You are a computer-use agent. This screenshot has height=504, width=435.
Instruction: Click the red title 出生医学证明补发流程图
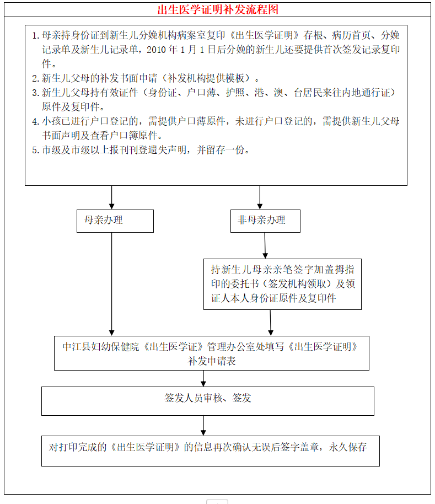point(217,9)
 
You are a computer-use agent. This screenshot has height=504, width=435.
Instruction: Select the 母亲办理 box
point(115,221)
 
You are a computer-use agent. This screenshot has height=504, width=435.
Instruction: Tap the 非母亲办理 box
point(266,221)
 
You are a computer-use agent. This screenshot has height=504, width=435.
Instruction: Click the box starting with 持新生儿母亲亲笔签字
point(282,284)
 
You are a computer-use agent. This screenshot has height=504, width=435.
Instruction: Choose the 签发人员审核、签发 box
point(208,400)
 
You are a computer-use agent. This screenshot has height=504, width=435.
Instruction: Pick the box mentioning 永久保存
point(210,451)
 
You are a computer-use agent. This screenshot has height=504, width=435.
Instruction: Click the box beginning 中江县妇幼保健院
point(211,353)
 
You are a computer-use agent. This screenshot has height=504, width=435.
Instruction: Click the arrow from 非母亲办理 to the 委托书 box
point(265,245)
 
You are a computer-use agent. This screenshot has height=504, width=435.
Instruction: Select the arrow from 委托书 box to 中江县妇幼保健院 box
point(270,323)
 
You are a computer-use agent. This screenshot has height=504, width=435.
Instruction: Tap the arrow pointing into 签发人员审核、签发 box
point(203,378)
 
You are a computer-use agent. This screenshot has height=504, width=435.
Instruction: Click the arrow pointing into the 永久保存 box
point(203,426)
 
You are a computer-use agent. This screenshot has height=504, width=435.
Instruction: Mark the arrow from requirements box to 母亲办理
point(112,197)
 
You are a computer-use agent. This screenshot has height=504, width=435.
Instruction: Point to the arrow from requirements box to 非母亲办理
point(260,197)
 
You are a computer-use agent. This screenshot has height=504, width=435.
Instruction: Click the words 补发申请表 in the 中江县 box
point(212,361)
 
